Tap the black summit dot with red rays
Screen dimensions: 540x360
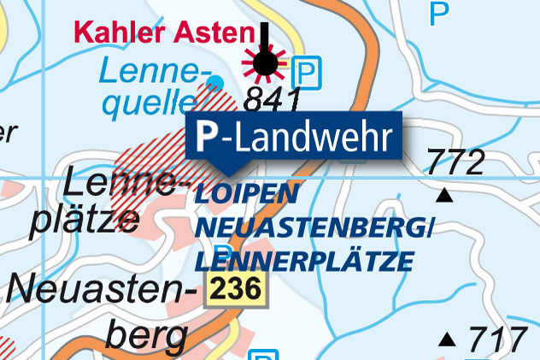tap(266, 62)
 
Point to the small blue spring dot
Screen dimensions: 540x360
tap(215, 81)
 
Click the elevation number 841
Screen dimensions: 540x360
tap(272, 100)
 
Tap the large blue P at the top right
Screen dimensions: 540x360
tap(438, 13)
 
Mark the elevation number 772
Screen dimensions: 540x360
tap(455, 162)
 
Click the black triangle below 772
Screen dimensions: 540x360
tap(443, 197)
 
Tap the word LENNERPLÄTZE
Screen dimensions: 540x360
tap(304, 259)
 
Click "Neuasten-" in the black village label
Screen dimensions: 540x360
tap(97, 291)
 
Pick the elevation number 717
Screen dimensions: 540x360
tap(498, 339)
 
